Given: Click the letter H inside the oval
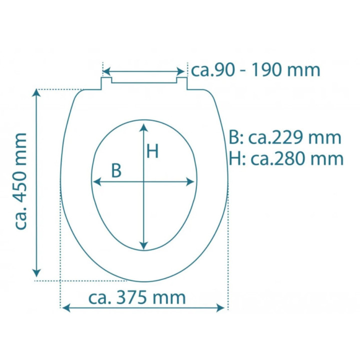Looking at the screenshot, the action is (152, 151).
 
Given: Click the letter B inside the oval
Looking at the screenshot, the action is (116, 170).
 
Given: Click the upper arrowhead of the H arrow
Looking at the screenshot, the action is (143, 127).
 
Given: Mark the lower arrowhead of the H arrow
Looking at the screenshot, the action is (143, 245).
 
